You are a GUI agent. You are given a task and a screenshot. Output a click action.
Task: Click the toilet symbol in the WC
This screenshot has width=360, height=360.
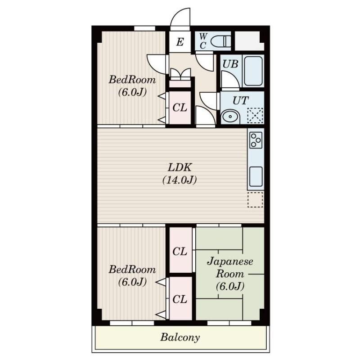pos(220,41)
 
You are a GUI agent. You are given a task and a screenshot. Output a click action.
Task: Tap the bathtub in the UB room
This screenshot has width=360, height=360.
pos(253,71)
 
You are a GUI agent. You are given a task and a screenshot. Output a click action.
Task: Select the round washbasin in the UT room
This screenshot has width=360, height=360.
pos(230,117)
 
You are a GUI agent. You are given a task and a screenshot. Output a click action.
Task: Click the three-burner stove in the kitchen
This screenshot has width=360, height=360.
pos(256,140)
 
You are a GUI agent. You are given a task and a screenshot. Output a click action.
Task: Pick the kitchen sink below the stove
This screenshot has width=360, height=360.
pos(256,176)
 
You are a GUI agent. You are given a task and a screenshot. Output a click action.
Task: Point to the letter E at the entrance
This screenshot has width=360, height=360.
pos(180,42)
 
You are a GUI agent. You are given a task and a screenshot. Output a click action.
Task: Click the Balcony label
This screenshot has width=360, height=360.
pos(180,337)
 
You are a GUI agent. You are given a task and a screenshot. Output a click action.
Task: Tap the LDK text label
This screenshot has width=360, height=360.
pos(180,167)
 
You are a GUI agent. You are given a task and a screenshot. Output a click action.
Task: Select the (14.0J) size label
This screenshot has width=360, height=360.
pos(180,180)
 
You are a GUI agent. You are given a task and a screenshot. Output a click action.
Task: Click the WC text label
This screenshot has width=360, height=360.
pos(203,41)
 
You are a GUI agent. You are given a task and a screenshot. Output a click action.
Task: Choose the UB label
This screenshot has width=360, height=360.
pos(230,64)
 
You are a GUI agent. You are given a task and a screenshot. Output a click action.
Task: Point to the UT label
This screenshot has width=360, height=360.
pos(240,100)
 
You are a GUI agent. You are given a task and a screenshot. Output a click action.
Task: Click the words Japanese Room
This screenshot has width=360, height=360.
pos(230,267)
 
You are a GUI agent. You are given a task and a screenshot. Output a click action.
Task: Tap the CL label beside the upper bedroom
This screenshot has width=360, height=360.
pos(180,108)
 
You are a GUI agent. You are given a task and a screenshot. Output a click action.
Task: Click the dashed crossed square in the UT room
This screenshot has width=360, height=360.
pos(255,115)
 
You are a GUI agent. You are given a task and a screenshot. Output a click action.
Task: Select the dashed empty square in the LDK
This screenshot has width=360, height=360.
pos(255,200)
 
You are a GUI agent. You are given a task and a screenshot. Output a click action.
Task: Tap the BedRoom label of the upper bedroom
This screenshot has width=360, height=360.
pos(132,80)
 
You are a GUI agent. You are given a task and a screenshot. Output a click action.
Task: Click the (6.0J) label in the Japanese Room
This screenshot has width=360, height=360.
pos(230,286)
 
